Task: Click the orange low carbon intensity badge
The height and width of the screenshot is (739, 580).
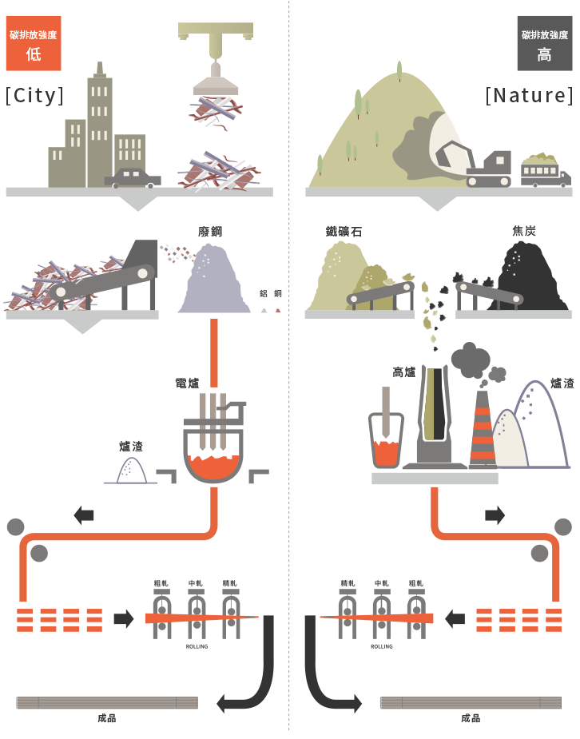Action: (x=34, y=45)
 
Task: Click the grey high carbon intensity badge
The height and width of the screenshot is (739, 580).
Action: (x=544, y=45)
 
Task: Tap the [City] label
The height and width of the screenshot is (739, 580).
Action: (x=34, y=96)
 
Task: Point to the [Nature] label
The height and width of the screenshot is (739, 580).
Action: (x=529, y=96)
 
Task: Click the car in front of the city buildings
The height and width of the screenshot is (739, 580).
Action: (x=132, y=177)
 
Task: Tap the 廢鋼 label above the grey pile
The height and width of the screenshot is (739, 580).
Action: (x=210, y=232)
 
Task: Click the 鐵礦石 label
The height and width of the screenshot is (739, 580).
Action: (x=344, y=232)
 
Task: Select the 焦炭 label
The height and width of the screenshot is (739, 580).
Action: (x=524, y=232)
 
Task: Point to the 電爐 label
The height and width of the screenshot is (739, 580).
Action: (x=187, y=383)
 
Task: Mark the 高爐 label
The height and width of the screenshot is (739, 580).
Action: (x=404, y=372)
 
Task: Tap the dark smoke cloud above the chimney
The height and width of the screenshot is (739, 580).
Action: (x=471, y=360)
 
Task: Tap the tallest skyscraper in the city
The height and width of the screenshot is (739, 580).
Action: (x=100, y=128)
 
